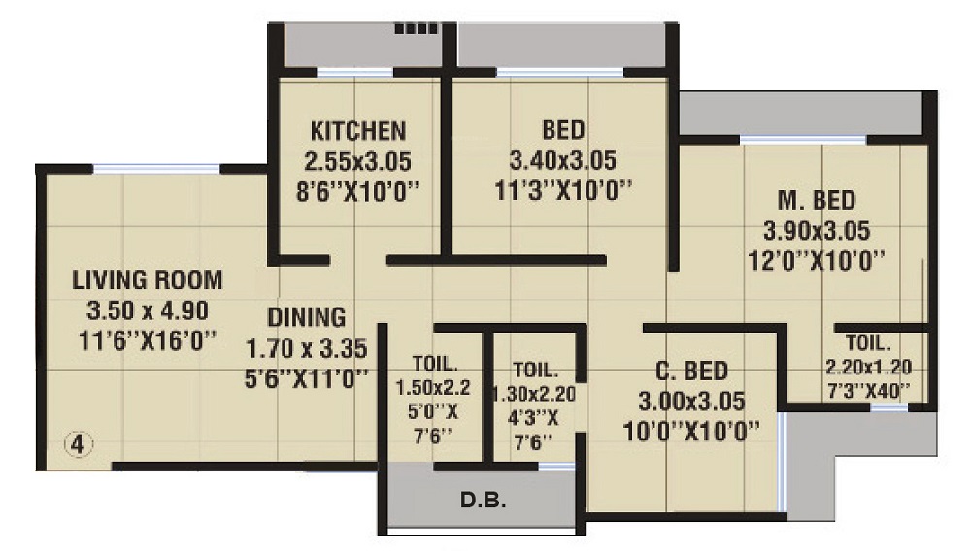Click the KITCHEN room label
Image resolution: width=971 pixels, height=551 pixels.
[358, 131]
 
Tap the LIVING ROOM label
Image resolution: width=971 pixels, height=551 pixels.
[148, 280]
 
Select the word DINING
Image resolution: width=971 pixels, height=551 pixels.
[307, 318]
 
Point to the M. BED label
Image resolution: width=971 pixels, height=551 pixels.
[817, 201]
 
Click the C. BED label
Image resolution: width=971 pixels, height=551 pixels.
[691, 371]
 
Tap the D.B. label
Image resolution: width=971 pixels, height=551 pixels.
[483, 500]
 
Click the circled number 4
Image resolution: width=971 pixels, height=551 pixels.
[78, 444]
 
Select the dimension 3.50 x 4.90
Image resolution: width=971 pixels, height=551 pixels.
[148, 310]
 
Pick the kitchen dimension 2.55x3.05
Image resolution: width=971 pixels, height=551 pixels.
[358, 162]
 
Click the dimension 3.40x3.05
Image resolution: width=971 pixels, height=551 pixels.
[562, 161]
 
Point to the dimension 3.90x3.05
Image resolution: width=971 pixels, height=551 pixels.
[817, 231]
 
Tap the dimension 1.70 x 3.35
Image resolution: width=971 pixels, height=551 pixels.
[307, 349]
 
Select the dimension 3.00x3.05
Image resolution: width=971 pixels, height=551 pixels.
[691, 402]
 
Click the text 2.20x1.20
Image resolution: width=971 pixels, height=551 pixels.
[868, 368]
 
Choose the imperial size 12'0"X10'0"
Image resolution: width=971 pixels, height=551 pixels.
[817, 261]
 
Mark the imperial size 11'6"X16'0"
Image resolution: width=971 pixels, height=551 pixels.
[148, 340]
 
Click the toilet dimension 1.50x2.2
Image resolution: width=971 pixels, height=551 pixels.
[433, 388]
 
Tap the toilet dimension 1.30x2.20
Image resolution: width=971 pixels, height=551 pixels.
[534, 394]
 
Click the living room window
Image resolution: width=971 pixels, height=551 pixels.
[156, 168]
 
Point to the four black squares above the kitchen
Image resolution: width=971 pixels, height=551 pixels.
[417, 28]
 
